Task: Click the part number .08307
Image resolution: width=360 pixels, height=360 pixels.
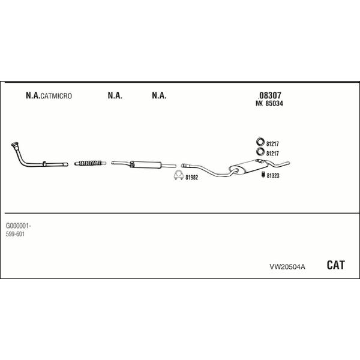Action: pos(269,95)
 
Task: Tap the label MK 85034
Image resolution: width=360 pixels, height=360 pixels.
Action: pos(269,104)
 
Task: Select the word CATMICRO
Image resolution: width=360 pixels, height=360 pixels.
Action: pos(56,96)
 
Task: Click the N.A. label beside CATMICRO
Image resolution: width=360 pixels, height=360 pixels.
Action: pos(33,95)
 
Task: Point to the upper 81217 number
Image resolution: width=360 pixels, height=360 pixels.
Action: pos(272,144)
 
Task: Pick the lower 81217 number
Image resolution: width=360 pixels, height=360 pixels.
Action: pos(272,154)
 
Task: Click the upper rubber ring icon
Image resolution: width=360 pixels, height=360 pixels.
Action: pos(260,142)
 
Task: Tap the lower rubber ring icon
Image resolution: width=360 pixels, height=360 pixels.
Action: pos(260,152)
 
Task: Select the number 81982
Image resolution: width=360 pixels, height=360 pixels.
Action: pos(192,178)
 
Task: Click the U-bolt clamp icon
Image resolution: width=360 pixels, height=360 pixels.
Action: pos(178,176)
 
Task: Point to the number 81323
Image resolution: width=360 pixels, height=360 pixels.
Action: pos(273,176)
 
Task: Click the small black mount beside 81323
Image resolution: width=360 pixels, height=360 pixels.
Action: pos(263,175)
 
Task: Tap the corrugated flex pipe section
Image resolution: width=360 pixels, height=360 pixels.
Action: pos(90,163)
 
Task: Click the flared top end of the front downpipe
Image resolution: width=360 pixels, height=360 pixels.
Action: pos(15,145)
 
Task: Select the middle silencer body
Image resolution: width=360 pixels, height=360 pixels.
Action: pos(146,164)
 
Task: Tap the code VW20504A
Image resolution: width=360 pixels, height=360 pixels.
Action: pos(287,267)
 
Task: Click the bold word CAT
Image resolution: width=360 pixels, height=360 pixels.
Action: pos(335,265)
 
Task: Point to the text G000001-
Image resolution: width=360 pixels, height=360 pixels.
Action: pos(19,226)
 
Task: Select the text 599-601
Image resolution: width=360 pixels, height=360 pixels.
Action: pos(15,234)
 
